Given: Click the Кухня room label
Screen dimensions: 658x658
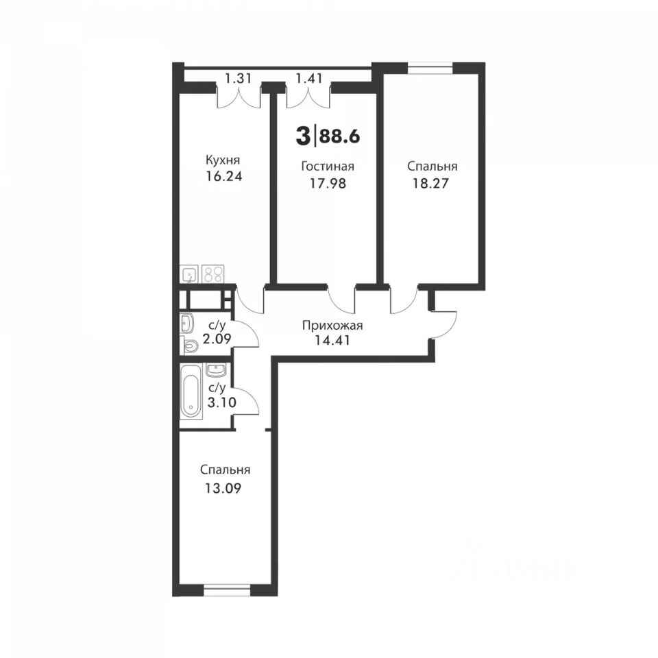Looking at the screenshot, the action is [x=223, y=160].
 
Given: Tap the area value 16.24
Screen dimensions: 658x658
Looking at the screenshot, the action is [x=223, y=176].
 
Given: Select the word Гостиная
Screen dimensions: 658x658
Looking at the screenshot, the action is [x=328, y=166].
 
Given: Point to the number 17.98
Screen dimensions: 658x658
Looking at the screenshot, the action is [x=328, y=184].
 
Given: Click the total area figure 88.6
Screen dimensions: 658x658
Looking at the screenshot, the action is [x=339, y=136].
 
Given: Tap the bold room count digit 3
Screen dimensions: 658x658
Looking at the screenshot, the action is [x=302, y=136].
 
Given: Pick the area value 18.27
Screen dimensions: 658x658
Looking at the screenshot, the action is [x=430, y=184].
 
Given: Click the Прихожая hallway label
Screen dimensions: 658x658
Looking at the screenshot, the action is [x=332, y=326].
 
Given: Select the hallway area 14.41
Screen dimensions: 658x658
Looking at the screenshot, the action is [x=332, y=339].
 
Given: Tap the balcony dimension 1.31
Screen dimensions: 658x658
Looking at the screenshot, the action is [x=238, y=78].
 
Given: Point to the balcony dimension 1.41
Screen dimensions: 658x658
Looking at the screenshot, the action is [x=309, y=78].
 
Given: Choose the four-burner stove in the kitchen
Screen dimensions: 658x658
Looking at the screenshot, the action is [x=212, y=273].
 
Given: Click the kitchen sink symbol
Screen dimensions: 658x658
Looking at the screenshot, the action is [x=189, y=274].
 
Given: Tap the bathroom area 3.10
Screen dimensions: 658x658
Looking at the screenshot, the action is [x=222, y=402].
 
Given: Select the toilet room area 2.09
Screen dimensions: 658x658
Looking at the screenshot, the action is [x=217, y=338].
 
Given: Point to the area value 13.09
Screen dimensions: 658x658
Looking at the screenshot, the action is [x=223, y=489].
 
